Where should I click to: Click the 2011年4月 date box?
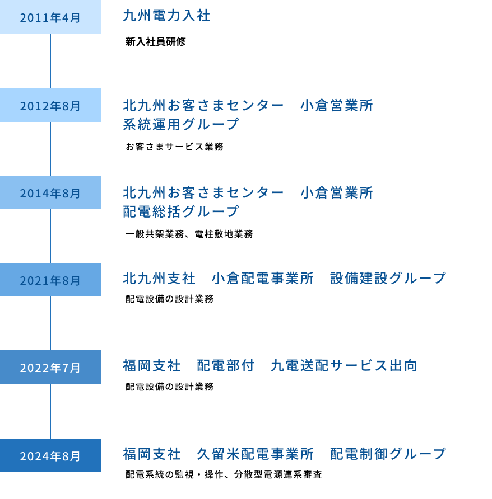[50, 17]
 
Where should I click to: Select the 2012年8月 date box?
[50, 105]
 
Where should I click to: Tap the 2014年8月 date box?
[50, 193]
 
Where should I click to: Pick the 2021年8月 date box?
[50, 280]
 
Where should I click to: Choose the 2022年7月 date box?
[50, 368]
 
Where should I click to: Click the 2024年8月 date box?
[50, 455]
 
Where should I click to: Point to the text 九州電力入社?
[166, 16]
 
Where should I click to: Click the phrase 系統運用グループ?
[180, 124]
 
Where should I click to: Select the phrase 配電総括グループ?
[180, 211]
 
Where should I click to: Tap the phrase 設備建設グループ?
[388, 278]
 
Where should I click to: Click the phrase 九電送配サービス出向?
[344, 366]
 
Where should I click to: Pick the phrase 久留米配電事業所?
[255, 454]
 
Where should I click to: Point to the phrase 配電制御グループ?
[388, 454]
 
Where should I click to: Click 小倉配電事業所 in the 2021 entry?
[263, 278]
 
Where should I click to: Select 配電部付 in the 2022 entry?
[225, 366]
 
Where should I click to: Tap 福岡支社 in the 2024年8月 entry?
[151, 454]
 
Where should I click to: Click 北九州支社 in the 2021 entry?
[159, 278]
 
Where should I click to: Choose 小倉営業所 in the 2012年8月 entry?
[337, 105]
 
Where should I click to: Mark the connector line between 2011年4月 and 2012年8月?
[50, 62]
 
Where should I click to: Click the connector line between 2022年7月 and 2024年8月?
[50, 411]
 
